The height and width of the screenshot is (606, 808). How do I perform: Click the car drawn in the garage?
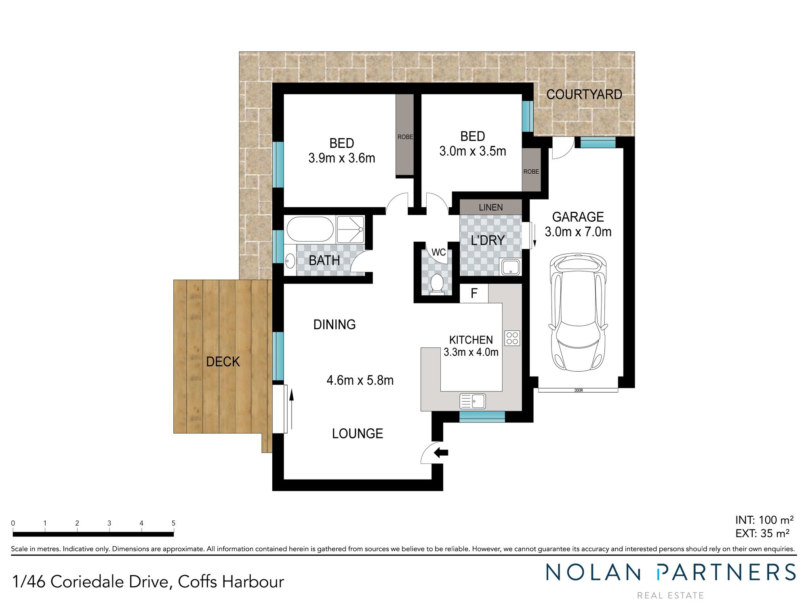click(578, 312)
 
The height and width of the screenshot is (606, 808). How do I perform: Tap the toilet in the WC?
click(436, 283)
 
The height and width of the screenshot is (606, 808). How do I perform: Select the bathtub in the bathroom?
click(310, 229)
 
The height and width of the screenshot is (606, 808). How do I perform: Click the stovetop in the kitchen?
click(512, 338)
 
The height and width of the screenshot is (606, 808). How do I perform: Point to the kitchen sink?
click(472, 401)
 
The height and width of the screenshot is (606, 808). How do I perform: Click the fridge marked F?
click(474, 293)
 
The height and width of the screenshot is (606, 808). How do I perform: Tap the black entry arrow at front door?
click(441, 453)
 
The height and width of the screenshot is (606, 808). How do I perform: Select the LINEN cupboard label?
click(490, 207)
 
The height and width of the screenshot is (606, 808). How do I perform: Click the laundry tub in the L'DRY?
click(511, 267)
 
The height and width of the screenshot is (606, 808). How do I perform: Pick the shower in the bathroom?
click(350, 229)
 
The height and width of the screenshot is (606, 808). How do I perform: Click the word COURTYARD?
click(584, 95)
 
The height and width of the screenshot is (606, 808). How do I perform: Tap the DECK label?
click(223, 362)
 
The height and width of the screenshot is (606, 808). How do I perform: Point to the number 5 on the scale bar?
click(173, 523)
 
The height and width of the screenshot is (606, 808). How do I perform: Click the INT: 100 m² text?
click(764, 520)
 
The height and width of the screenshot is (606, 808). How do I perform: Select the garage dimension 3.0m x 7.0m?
click(578, 232)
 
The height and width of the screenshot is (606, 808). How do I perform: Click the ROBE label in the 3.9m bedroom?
click(405, 137)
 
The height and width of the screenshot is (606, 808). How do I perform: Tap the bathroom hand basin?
click(290, 261)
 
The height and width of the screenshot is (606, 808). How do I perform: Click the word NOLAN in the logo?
click(593, 573)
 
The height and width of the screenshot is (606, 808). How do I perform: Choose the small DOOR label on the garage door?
click(579, 390)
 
